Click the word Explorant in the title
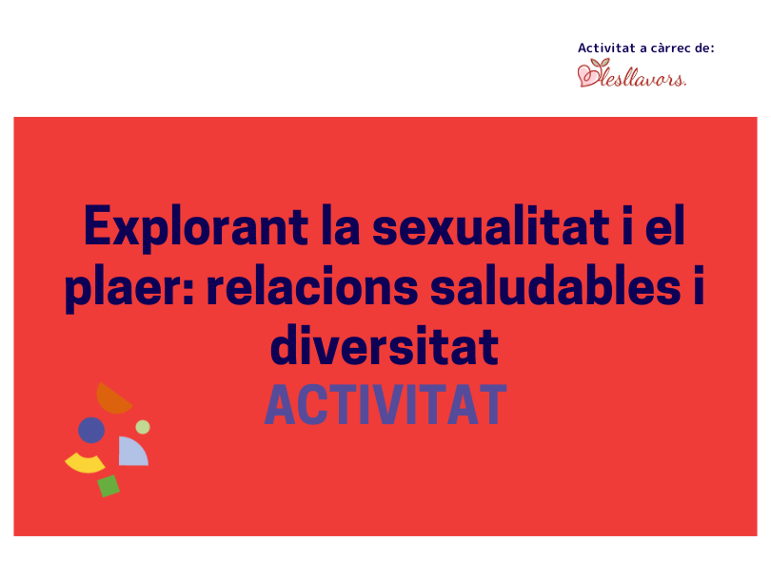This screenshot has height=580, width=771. (196, 228)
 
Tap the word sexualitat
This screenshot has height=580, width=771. (491, 226)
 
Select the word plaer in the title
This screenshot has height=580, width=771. (126, 288)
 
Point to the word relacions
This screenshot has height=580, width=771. (312, 286)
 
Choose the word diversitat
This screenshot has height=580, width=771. (385, 345)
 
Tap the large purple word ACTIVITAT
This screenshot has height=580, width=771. (385, 405)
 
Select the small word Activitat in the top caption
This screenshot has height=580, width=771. (606, 48)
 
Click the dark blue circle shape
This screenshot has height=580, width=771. (91, 430)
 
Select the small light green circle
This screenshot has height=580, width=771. (143, 427)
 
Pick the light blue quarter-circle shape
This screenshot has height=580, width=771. (130, 454)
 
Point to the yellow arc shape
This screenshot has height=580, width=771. (85, 464)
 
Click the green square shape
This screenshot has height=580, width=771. (109, 486)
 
